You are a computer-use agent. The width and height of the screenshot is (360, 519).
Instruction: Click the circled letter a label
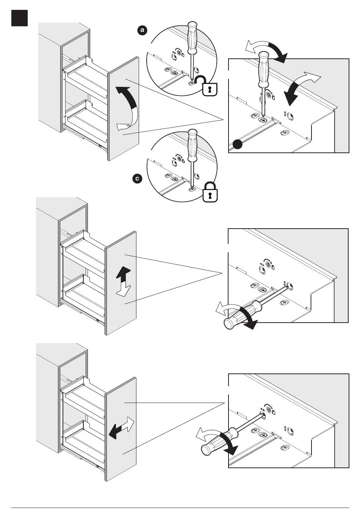142,30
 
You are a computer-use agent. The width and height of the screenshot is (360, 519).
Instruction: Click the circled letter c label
138,179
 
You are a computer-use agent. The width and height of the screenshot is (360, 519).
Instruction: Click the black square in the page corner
19,18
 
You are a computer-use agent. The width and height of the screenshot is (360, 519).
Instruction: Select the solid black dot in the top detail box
238,144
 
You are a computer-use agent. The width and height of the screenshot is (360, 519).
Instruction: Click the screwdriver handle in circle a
192,38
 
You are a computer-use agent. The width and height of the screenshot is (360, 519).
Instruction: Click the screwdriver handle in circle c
192,146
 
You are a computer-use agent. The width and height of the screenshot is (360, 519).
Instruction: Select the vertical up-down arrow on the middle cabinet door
124,281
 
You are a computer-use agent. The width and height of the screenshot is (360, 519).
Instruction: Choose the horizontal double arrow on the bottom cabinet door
121,428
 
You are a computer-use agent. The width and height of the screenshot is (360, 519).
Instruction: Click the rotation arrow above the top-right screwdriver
267,51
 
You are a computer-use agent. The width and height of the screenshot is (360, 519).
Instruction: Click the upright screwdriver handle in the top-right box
264,69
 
